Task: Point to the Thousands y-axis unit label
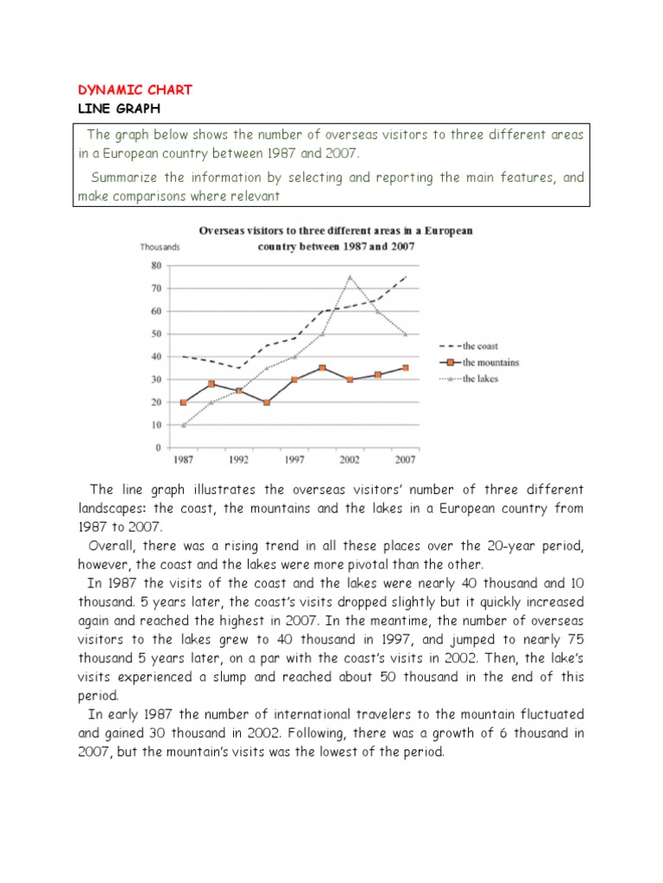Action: (x=160, y=247)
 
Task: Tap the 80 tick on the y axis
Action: (x=155, y=266)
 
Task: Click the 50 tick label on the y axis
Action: (x=155, y=334)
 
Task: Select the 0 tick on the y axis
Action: (x=158, y=448)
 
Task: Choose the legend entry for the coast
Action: (x=483, y=346)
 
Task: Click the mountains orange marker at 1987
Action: (x=183, y=403)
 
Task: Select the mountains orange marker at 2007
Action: (x=405, y=368)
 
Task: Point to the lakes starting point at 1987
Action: (x=183, y=425)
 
